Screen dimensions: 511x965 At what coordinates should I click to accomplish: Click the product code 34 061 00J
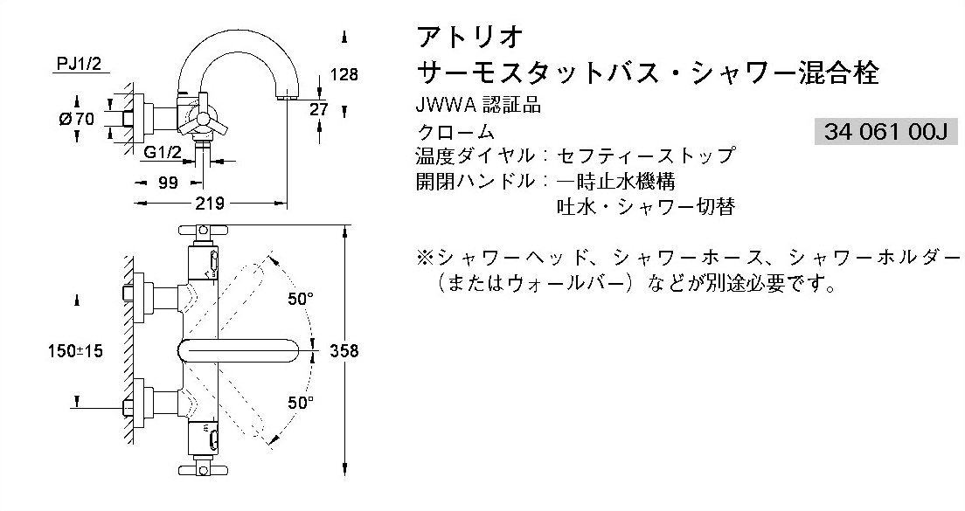pos(885,132)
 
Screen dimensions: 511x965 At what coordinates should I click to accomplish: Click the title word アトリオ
pos(470,38)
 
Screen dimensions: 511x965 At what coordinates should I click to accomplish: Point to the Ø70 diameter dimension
pos(77,118)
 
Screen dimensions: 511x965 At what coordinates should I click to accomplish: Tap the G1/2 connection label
pos(163,152)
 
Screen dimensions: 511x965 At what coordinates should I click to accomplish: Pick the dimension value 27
pos(320,108)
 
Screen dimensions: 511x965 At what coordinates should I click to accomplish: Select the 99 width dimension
pos(168,183)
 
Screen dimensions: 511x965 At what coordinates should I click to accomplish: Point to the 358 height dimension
pos(344,350)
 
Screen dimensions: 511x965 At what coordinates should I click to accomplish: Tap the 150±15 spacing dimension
pos(76,350)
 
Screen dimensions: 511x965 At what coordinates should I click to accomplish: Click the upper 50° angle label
pos(300,299)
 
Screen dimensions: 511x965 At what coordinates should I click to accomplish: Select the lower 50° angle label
pos(300,403)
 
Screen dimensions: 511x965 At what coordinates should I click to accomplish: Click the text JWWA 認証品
pos(478,107)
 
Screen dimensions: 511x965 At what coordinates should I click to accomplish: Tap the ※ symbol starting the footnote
pos(426,259)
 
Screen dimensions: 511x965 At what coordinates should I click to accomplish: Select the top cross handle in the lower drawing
pos(200,232)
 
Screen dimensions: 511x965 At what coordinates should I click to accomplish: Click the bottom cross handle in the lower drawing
pos(200,469)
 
